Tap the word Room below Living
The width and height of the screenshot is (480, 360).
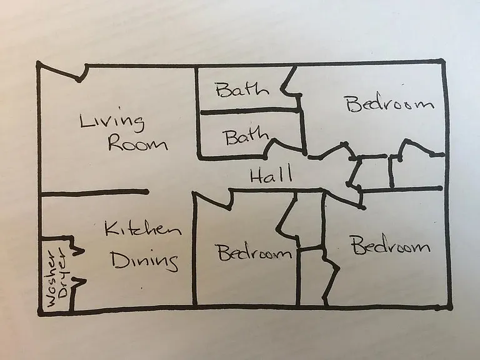point(137,144)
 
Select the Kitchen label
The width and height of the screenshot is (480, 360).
point(143,229)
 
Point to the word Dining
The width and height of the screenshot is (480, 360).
point(144,261)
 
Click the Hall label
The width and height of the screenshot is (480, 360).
point(271,175)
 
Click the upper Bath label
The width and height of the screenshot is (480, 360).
point(242,89)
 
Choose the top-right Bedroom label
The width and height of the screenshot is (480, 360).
point(390,104)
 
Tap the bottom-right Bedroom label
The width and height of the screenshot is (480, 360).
point(391,245)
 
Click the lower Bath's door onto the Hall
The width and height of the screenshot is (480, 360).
point(285,146)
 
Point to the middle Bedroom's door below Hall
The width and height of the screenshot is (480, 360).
point(212,200)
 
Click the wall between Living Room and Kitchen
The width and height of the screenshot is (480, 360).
point(93,192)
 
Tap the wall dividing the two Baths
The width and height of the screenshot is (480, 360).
point(250,111)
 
